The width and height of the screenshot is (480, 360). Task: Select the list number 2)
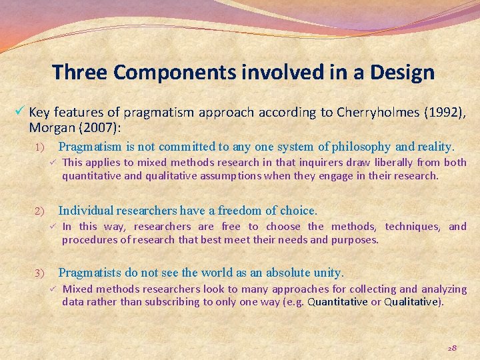pyautogui.click(x=39, y=211)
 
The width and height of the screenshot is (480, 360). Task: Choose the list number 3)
pyautogui.click(x=39, y=273)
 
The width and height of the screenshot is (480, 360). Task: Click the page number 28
pyautogui.click(x=451, y=347)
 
